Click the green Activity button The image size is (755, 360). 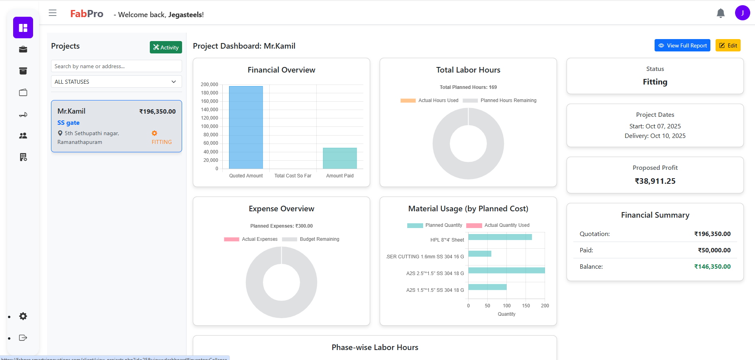[166, 47]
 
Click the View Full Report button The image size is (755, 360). [682, 45]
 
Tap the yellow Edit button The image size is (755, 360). [728, 45]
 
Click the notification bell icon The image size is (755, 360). [720, 14]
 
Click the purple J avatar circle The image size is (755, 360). [742, 13]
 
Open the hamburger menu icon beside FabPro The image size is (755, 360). [53, 13]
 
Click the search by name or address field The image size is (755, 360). [116, 66]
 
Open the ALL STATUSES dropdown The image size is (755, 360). [116, 82]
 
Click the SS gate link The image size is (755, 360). [69, 123]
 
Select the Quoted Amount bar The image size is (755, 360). [246, 128]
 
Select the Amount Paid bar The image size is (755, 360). [339, 158]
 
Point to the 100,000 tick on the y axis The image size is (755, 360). [210, 126]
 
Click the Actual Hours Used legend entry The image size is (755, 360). [429, 100]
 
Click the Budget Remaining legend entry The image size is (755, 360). [311, 239]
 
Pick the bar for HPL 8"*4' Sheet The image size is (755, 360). [500, 237]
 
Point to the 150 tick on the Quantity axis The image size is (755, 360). [526, 306]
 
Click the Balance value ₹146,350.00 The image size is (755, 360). [712, 267]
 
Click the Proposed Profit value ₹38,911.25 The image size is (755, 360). [655, 181]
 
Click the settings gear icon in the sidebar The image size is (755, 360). [23, 316]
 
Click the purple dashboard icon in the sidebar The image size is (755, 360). [23, 28]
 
